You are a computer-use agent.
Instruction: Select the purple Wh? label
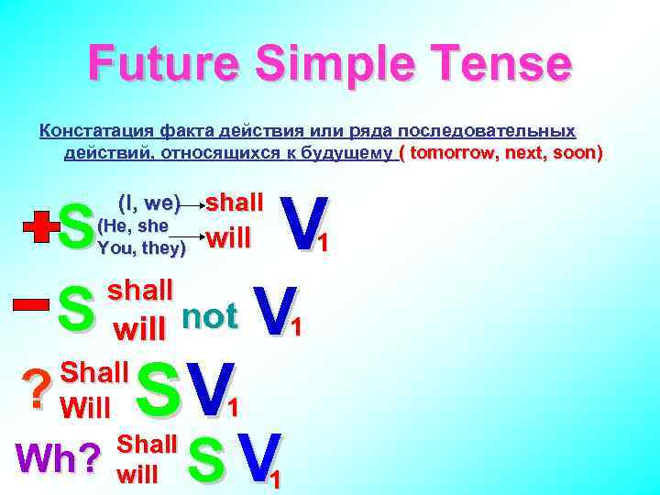pos(56,456)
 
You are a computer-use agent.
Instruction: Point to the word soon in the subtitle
pos(576,152)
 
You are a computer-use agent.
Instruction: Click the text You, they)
pos(141,247)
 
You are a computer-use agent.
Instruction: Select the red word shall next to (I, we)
pos(235,202)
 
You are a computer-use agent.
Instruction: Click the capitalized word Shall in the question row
pos(93,372)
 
